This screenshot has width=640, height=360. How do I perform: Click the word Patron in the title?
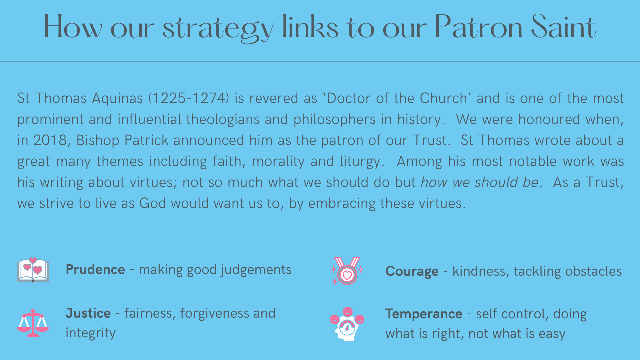[478, 27]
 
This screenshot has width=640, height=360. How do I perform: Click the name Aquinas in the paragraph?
[117, 99]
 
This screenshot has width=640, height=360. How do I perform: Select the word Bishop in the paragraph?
[98, 141]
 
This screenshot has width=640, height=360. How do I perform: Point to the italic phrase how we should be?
[479, 182]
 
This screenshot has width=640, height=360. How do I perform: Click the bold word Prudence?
[95, 269]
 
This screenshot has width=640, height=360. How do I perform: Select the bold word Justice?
[88, 313]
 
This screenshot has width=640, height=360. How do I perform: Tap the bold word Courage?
[412, 272]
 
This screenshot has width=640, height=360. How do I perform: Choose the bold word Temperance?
[424, 314]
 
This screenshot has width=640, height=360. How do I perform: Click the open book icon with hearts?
[33, 270]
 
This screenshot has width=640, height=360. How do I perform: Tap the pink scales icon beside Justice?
[33, 323]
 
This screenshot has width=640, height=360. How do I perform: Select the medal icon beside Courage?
[347, 271]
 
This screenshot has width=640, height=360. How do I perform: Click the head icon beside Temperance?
[347, 324]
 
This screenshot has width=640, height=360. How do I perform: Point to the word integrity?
[91, 333]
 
